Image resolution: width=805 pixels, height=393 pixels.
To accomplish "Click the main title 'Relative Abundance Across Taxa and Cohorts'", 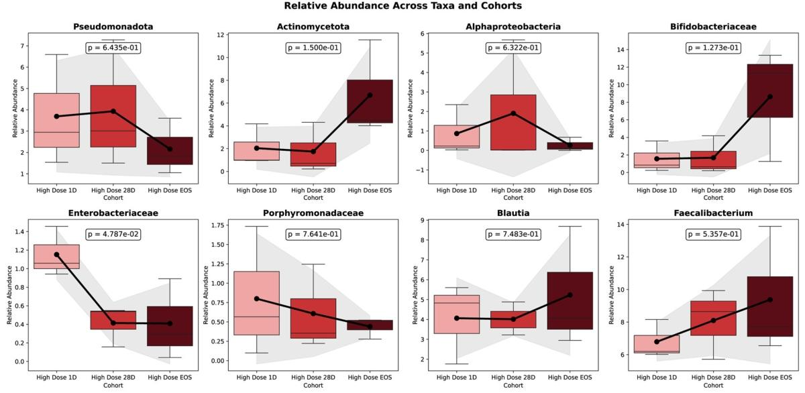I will pyautogui.click(x=402, y=6).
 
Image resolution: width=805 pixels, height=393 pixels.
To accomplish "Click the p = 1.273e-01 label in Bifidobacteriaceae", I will pyautogui.click(x=713, y=48).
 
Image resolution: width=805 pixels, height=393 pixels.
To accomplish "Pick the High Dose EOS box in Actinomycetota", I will pyautogui.click(x=370, y=101).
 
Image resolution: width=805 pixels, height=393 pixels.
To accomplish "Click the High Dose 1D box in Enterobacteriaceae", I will pyautogui.click(x=56, y=257).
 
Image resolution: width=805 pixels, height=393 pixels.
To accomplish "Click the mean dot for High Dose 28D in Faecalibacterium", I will pyautogui.click(x=713, y=320).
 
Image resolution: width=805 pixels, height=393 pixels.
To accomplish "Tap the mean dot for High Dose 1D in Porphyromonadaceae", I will pyautogui.click(x=256, y=298).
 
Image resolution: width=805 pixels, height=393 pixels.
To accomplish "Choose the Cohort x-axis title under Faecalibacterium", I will pyautogui.click(x=713, y=386).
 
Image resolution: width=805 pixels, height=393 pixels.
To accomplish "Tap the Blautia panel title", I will pyautogui.click(x=513, y=213).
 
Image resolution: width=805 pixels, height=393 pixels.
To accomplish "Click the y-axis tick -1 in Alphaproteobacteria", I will pyautogui.click(x=419, y=170).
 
